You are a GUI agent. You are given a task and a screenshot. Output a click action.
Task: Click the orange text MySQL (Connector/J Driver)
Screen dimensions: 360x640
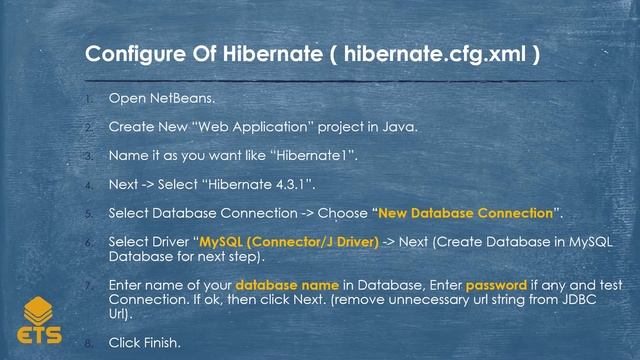point(289,242)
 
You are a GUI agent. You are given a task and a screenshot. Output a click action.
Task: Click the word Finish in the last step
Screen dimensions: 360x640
point(160,342)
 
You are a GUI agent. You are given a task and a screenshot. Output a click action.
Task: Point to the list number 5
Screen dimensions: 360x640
point(88,214)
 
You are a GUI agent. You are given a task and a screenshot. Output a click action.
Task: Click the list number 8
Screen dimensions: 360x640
point(88,342)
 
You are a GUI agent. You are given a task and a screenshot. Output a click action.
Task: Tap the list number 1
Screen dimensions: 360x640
point(88,99)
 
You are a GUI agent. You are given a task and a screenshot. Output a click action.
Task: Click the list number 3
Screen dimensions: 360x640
point(88,156)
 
